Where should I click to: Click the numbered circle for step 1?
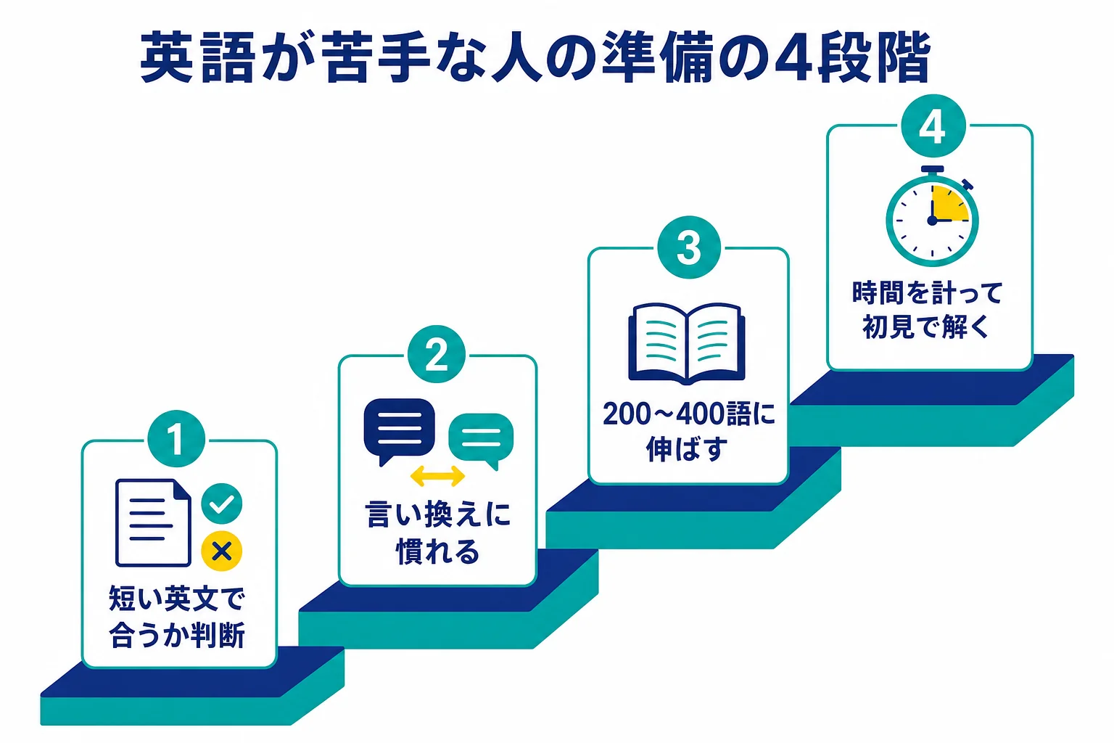(x=176, y=439)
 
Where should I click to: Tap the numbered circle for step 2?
(x=436, y=354)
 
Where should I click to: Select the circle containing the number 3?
(x=689, y=247)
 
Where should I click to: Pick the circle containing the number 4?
(x=933, y=126)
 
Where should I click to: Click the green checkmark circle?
(x=221, y=504)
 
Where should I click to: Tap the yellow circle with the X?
(x=221, y=551)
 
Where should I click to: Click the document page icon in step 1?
(x=153, y=523)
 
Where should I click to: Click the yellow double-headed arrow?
(x=437, y=476)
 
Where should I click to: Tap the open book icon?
(x=687, y=343)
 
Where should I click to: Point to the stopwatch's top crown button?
(x=932, y=171)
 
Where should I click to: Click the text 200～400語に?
(x=689, y=414)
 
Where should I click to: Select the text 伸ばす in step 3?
(x=687, y=449)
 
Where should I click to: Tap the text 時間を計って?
(x=928, y=292)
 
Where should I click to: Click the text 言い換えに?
(x=437, y=514)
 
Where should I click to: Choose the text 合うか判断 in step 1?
(x=177, y=634)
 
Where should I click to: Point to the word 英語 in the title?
(x=198, y=57)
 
